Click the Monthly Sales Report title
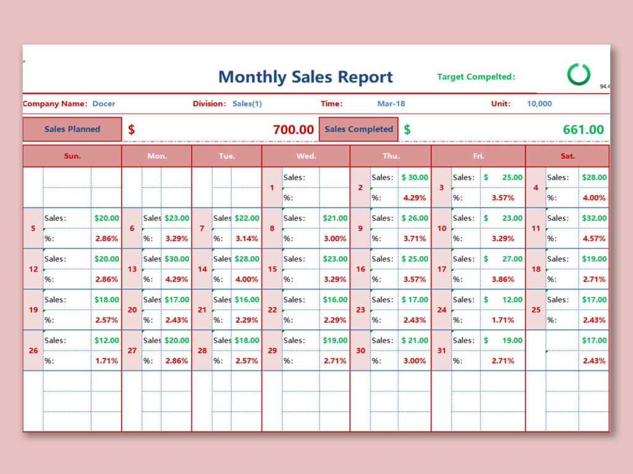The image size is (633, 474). pos(305,77)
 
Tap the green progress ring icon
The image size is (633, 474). pos(579,74)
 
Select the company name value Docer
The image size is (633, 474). pos(104,104)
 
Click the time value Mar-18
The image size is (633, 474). pos(391,104)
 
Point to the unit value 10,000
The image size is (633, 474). pos(539,104)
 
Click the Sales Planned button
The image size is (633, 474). pos(72,130)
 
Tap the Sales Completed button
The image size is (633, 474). pos(359,130)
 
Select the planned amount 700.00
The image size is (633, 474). pos(293,130)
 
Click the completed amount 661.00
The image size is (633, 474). pos(583,130)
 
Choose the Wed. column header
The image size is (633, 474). pos(306,156)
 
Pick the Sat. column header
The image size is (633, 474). pos(567,156)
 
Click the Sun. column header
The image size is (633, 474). pos(72,156)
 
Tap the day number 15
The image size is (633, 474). pos(272,269)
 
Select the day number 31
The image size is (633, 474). pos(441,351)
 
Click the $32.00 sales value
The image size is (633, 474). pos(594,218)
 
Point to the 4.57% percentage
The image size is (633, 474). pos(594,238)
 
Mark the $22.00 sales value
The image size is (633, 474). pos(247,218)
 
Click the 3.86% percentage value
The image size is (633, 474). pos(503,279)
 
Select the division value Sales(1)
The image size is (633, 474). pos(247,104)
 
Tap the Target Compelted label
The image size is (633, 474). pos(476,77)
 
